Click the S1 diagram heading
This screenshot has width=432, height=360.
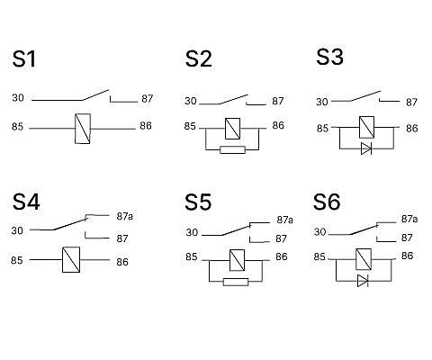click(x=24, y=59)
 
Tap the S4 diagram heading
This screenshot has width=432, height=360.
click(x=26, y=202)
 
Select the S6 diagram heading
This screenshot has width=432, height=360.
click(x=327, y=202)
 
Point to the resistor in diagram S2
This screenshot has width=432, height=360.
click(x=232, y=149)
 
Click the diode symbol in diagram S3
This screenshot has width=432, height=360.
click(x=366, y=148)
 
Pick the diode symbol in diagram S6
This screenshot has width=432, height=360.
click(x=363, y=281)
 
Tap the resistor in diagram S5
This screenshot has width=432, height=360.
click(x=236, y=282)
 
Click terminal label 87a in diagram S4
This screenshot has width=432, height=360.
click(x=124, y=216)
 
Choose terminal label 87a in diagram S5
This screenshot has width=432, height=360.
click(x=284, y=220)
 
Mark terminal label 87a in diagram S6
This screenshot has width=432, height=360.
click(x=409, y=219)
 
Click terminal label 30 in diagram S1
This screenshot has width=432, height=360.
click(x=18, y=98)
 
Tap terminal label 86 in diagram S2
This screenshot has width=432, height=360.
click(x=278, y=125)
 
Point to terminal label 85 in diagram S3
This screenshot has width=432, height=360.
click(x=322, y=129)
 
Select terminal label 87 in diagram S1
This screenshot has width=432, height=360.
click(x=148, y=99)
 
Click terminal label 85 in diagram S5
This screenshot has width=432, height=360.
click(x=192, y=256)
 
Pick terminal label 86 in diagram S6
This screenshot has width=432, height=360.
click(x=407, y=256)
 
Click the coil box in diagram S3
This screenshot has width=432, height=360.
click(x=366, y=127)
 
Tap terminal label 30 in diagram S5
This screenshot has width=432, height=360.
click(x=192, y=232)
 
